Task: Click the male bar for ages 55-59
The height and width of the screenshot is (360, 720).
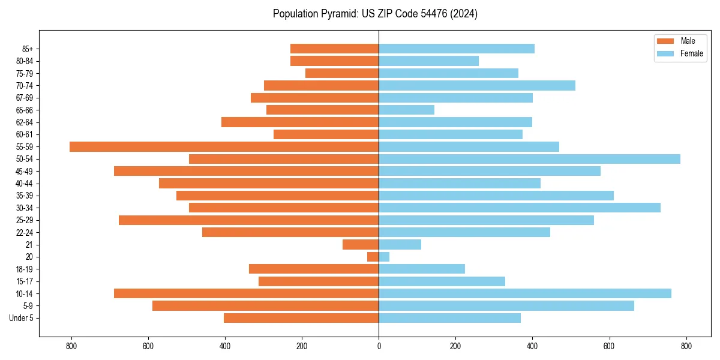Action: click(x=224, y=146)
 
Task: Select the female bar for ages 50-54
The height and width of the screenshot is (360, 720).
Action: click(x=529, y=159)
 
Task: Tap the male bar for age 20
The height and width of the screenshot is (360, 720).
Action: click(x=373, y=257)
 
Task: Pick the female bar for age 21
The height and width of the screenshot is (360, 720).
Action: click(x=400, y=244)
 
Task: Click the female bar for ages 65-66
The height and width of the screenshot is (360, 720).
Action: click(x=406, y=110)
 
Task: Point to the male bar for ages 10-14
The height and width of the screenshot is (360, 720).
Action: click(x=246, y=293)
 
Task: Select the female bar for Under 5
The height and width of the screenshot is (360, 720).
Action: click(x=449, y=318)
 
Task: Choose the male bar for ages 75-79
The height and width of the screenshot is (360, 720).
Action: click(x=342, y=73)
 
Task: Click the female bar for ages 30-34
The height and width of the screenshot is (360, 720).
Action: click(x=520, y=208)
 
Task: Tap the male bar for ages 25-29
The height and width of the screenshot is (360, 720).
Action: click(x=248, y=220)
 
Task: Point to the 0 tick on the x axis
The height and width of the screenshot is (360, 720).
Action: click(x=379, y=346)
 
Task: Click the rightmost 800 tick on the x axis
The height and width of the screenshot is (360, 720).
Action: click(x=686, y=346)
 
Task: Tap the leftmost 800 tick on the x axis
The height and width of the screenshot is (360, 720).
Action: click(x=71, y=346)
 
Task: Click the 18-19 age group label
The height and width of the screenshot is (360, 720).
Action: click(x=24, y=269)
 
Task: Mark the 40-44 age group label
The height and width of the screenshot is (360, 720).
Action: click(x=24, y=184)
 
